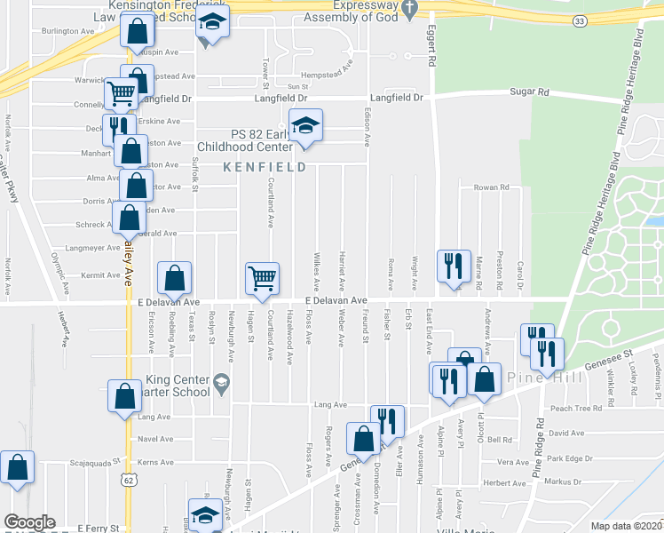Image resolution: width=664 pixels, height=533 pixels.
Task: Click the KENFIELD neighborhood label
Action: click(x=264, y=167)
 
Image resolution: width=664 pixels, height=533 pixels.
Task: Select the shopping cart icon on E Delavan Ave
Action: click(x=263, y=278)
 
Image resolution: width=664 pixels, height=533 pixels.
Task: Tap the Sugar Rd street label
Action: click(x=529, y=92)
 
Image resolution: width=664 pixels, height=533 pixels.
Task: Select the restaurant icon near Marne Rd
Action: click(x=452, y=264)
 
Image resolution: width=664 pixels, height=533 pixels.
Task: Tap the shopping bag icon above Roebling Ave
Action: click(x=175, y=278)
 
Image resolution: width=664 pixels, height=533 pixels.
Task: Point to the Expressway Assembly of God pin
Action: click(x=409, y=8)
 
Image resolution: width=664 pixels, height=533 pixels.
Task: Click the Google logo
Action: click(x=29, y=522)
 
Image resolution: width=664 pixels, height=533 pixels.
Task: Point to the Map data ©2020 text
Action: click(x=625, y=526)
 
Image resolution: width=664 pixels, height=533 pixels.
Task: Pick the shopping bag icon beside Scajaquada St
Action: click(x=17, y=467)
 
